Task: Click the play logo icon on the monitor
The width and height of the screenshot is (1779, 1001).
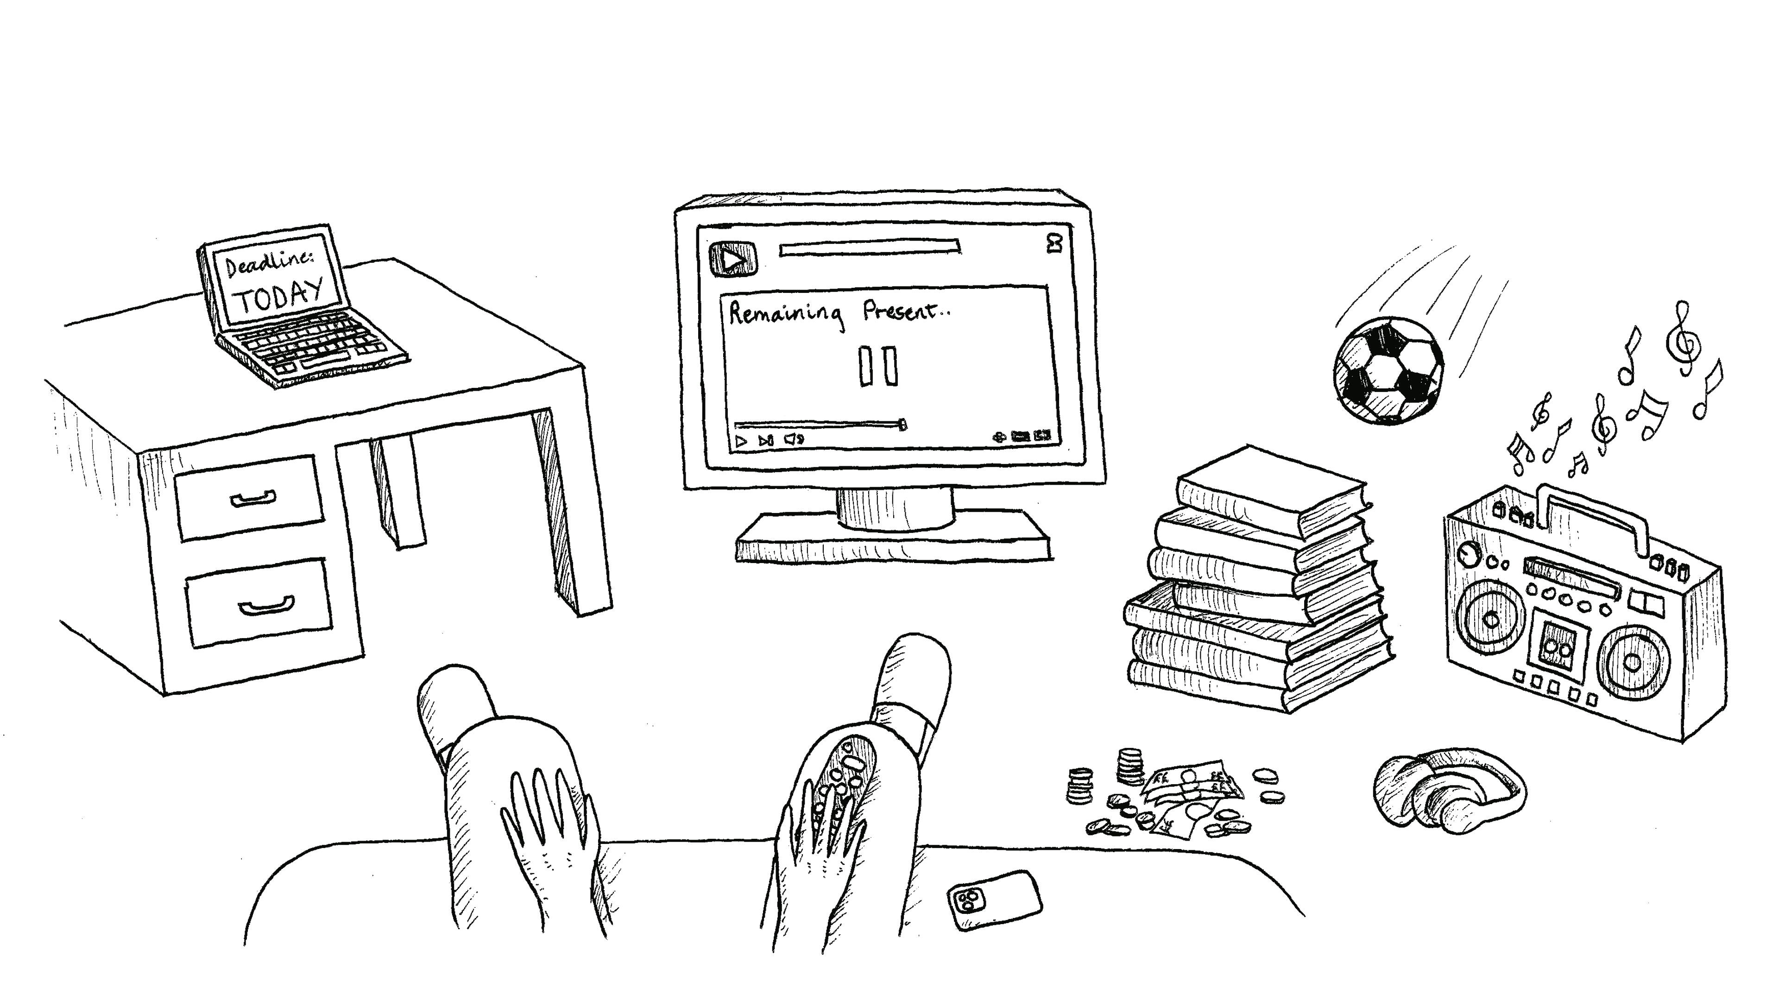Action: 732,260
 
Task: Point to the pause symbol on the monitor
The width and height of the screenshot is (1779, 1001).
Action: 878,366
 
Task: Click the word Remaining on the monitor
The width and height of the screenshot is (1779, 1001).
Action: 786,314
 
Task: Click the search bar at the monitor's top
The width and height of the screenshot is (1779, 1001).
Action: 870,247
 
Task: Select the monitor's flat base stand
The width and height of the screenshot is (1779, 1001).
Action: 894,539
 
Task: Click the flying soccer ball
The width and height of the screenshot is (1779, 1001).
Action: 1388,370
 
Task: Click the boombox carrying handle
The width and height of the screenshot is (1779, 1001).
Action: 1595,515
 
